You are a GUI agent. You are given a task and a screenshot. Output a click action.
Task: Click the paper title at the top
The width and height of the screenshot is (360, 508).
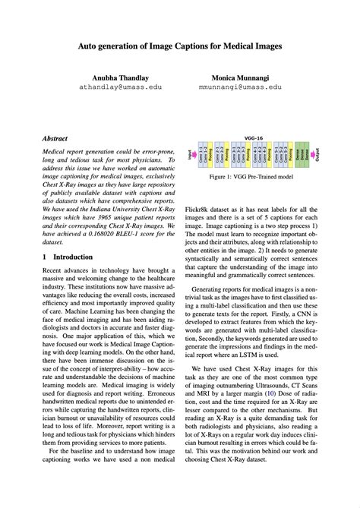click(179, 46)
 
